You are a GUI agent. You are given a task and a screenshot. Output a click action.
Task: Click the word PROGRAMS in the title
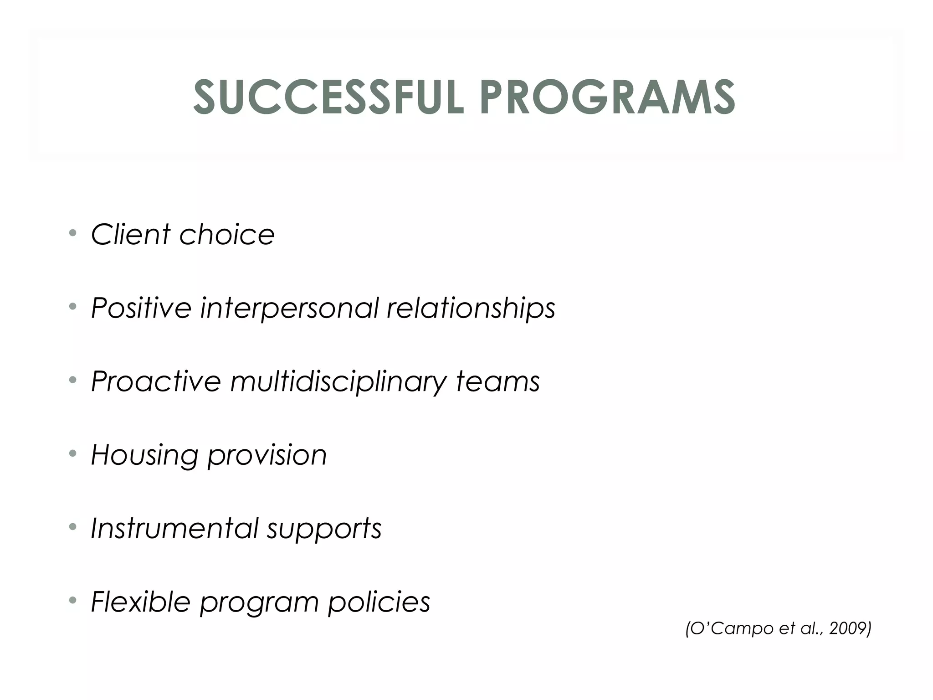(607, 98)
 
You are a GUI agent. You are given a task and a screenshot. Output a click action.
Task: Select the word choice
(227, 235)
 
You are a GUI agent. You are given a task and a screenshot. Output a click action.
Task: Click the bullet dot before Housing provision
(72, 453)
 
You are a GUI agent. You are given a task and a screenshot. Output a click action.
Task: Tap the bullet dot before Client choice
(72, 233)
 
